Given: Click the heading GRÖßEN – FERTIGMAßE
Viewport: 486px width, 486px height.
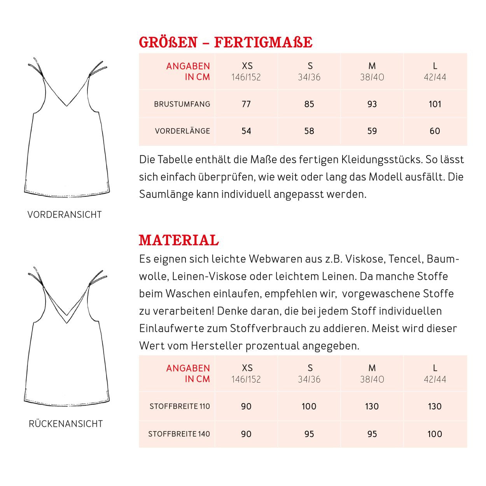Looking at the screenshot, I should pos(226,42).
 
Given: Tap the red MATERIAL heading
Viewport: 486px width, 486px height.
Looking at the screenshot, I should pos(179,240).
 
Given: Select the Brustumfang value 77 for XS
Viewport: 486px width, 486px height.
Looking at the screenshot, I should pos(246,104).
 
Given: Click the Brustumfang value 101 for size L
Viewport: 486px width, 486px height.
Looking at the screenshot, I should pos(435,104).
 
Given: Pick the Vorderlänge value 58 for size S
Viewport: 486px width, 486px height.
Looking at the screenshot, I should pos(309,131).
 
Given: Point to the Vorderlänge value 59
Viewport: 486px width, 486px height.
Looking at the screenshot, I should pos(372,131).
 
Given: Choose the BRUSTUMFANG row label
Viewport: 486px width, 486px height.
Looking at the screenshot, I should pos(182,104).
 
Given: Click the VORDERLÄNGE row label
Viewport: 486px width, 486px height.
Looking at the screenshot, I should pos(182,131).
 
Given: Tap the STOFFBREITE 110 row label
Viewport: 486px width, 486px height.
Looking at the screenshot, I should pos(180,406).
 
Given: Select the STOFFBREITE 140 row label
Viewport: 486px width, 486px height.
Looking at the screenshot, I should pos(179,434).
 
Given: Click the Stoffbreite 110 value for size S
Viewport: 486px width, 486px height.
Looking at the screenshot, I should pos(309,406).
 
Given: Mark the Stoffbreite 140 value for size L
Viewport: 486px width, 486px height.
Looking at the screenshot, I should pos(435,434).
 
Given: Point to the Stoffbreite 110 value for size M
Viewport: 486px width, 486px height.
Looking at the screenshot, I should pos(372,406).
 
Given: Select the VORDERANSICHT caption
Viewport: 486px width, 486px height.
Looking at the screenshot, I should pos(65,215).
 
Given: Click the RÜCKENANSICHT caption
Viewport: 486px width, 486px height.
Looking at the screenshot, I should pos(66,424).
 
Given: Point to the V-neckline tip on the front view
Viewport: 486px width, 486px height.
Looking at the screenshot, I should pos(67,105).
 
